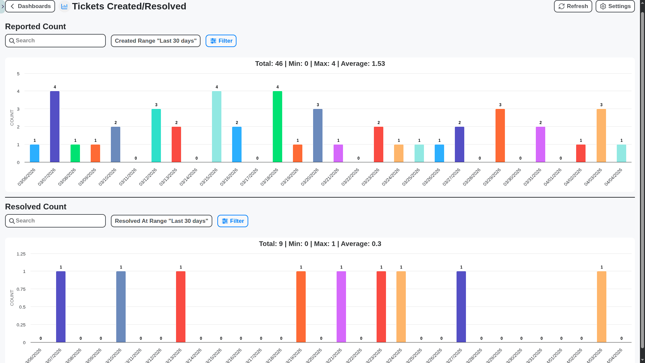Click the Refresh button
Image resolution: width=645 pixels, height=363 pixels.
point(573,6)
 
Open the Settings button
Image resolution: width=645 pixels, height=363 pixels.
point(615,6)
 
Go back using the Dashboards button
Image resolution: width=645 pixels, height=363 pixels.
point(30,6)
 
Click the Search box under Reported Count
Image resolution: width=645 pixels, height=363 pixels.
point(55,41)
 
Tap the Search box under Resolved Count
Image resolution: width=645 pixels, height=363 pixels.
point(55,221)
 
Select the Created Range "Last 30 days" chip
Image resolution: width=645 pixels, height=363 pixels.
point(156,41)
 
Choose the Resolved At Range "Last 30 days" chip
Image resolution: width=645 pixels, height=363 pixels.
point(161,221)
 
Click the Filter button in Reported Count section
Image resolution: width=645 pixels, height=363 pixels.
point(221,41)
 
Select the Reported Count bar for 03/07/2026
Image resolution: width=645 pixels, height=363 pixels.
point(55,127)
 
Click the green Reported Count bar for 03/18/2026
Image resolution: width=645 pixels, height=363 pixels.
point(277,127)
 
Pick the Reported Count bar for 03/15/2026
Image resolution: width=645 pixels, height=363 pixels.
point(217,127)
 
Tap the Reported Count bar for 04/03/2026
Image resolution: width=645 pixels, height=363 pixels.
point(601,135)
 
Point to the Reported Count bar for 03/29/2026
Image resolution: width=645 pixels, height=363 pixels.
point(500,135)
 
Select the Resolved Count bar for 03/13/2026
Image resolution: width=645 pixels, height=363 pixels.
point(181,307)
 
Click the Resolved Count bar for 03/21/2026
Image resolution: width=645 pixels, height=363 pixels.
point(341,307)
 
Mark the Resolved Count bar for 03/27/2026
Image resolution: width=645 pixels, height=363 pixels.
point(461,307)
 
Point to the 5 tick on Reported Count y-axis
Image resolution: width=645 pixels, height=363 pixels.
point(18,74)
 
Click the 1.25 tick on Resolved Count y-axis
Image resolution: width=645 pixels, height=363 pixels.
point(21,254)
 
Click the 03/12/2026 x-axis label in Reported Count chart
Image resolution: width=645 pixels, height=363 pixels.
point(148,177)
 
